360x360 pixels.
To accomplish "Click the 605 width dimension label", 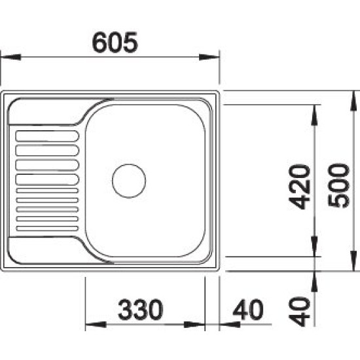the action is coord(115,43).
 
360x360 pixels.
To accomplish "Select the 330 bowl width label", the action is coord(141,310).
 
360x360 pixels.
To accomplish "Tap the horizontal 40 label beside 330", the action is coord(248,310).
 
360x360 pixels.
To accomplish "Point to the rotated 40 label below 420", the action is coord(299,312).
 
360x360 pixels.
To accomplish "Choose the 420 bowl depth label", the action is coord(299,187).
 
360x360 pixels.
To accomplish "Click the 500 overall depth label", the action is coord(339,185).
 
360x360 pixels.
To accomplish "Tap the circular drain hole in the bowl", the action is coord(129,181).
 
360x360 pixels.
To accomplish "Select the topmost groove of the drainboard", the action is coord(47,136).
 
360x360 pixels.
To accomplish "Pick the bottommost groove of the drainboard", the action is coord(47,228).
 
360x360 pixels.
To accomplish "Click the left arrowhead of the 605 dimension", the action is coord(11,57).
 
